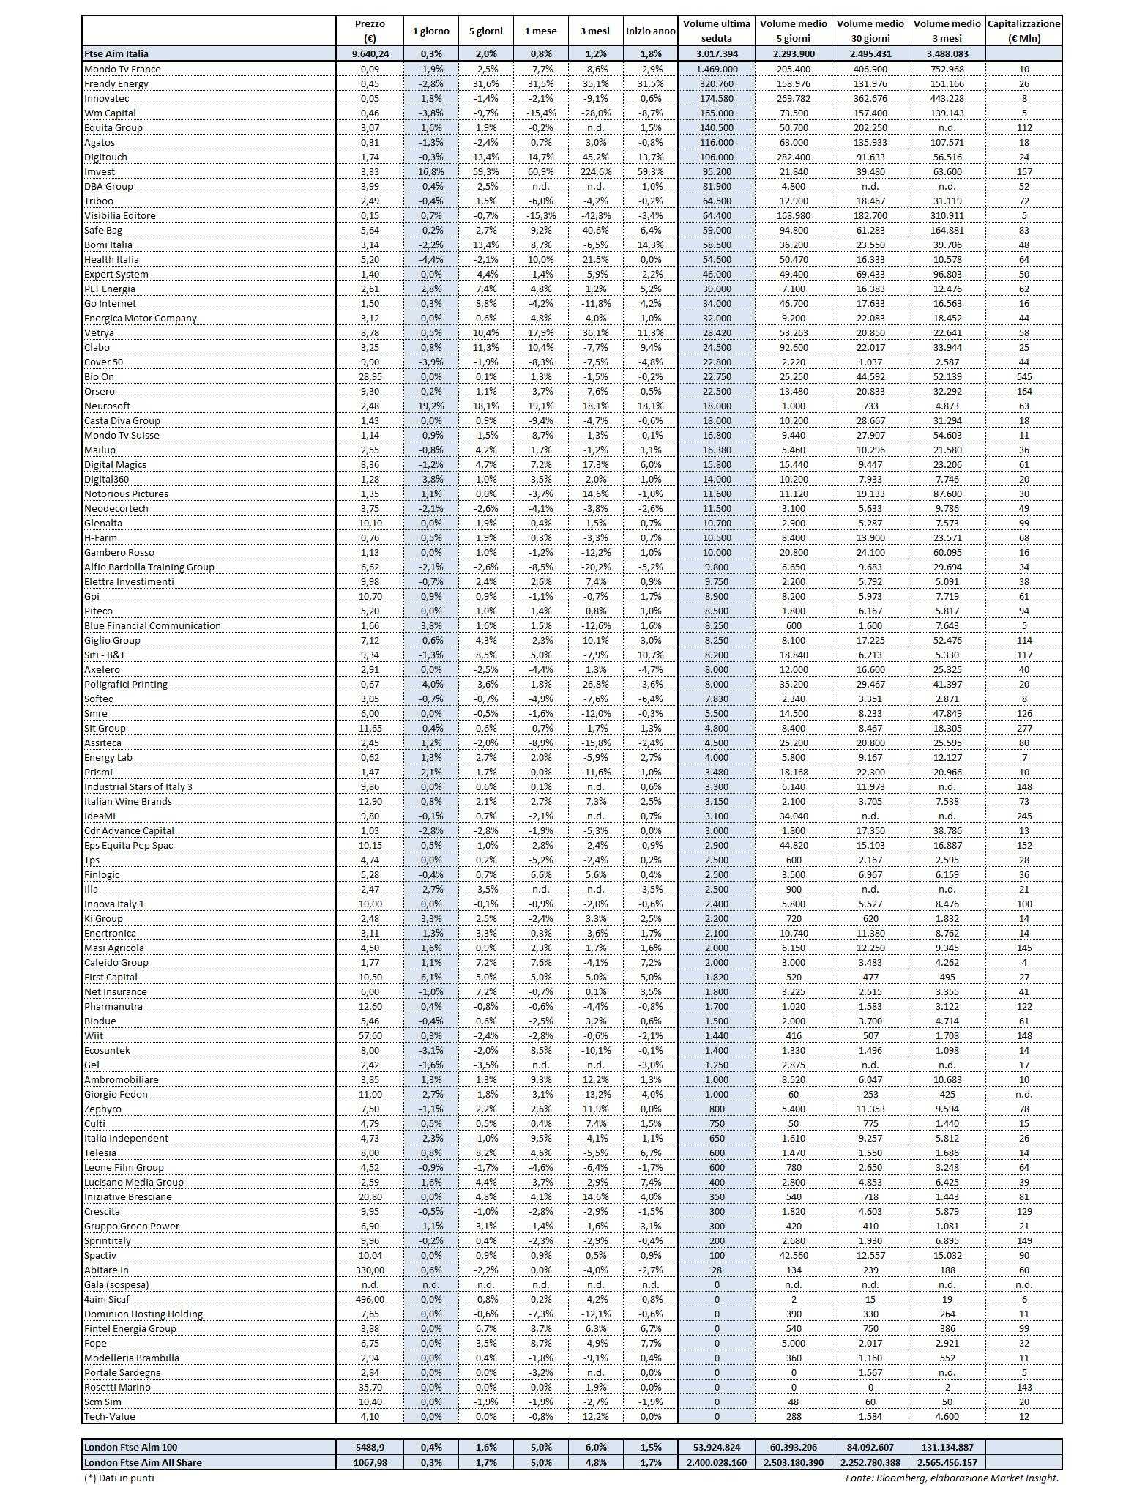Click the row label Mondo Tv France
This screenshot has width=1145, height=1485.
pyautogui.click(x=122, y=69)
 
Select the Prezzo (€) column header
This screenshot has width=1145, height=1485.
pyautogui.click(x=370, y=31)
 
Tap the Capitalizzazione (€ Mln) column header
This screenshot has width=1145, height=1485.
pyautogui.click(x=1023, y=31)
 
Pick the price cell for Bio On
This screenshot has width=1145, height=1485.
pyautogui.click(x=370, y=376)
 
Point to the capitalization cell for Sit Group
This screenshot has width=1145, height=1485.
pyautogui.click(x=1023, y=728)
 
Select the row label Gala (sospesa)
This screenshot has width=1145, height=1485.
pyautogui.click(x=116, y=1284)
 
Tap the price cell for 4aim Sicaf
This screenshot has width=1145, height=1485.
pyautogui.click(x=370, y=1299)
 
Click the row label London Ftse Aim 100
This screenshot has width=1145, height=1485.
pyautogui.click(x=130, y=1447)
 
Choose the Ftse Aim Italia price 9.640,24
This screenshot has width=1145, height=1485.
pyautogui.click(x=370, y=53)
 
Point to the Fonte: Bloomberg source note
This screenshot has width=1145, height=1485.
pyautogui.click(x=952, y=1478)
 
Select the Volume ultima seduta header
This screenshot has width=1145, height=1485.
pyautogui.click(x=716, y=31)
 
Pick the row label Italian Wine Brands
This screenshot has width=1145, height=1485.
pyautogui.click(x=128, y=801)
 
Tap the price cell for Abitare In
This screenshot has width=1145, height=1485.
pyautogui.click(x=370, y=1270)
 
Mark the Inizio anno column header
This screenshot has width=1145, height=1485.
pyautogui.click(x=650, y=31)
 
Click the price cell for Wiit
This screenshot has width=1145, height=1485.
pyautogui.click(x=370, y=1035)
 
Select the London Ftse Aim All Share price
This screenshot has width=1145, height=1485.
pyautogui.click(x=370, y=1462)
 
